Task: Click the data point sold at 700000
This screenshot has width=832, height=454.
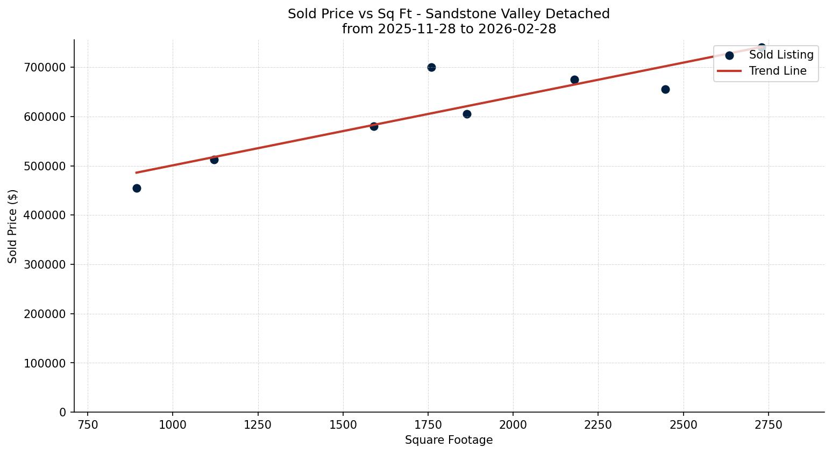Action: pyautogui.click(x=431, y=67)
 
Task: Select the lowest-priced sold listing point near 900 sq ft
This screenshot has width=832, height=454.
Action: pyautogui.click(x=137, y=188)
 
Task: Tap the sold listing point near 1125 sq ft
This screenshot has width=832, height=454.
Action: pyautogui.click(x=214, y=160)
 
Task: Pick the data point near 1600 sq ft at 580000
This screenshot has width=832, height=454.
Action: pyautogui.click(x=374, y=126)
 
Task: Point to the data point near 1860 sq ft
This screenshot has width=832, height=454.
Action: pyautogui.click(x=467, y=114)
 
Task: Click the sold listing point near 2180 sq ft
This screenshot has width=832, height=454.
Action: pyautogui.click(x=574, y=80)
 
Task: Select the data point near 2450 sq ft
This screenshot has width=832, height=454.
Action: pyautogui.click(x=665, y=89)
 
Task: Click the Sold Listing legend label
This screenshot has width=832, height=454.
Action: pyautogui.click(x=781, y=55)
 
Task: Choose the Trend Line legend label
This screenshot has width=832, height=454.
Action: pyautogui.click(x=778, y=71)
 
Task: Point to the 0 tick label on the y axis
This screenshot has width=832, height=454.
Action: pyautogui.click(x=63, y=412)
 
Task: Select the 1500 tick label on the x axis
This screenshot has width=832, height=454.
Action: pyautogui.click(x=343, y=424)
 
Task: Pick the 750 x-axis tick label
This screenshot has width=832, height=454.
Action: pyautogui.click(x=88, y=424)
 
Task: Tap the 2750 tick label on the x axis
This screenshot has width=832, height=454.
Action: pyautogui.click(x=768, y=424)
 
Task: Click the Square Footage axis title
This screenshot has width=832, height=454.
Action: pyautogui.click(x=449, y=440)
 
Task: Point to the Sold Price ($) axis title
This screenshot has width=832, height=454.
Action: pyautogui.click(x=13, y=226)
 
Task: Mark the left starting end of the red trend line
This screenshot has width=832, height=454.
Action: pyautogui.click(x=137, y=172)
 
